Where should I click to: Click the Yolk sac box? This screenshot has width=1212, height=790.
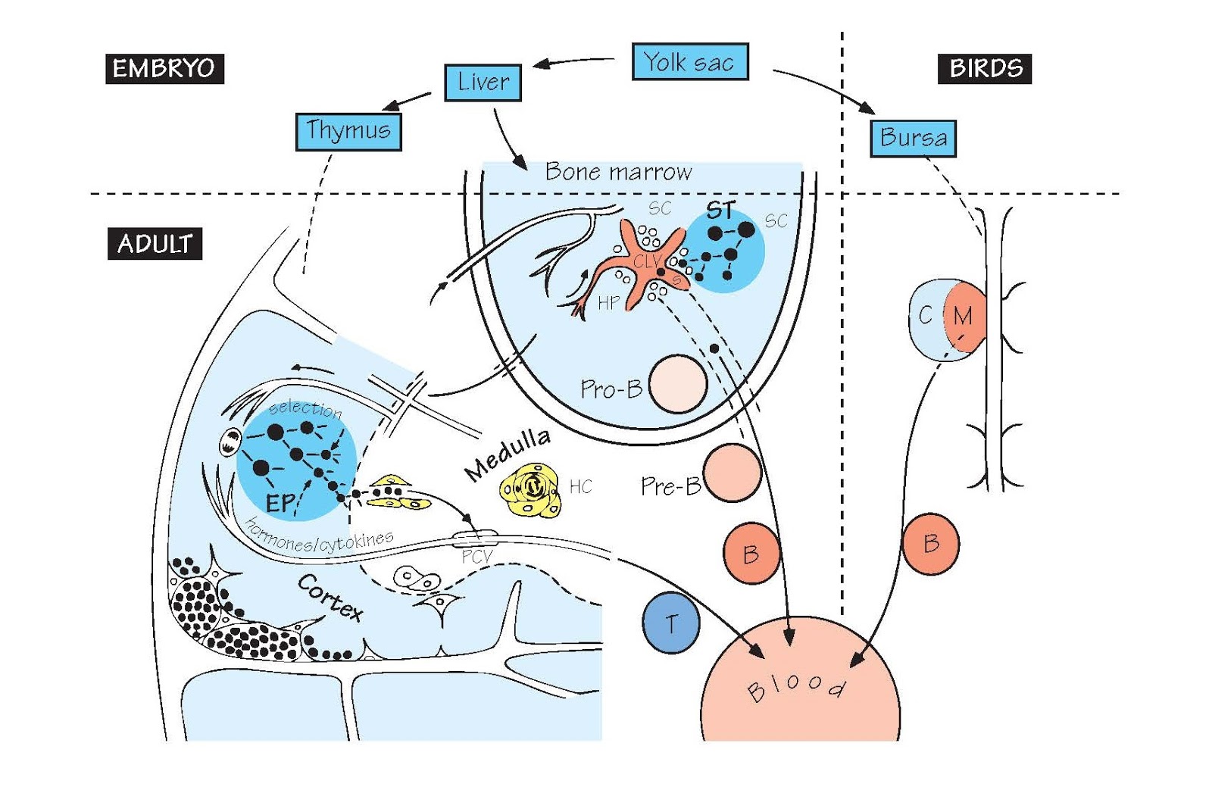[x=690, y=62]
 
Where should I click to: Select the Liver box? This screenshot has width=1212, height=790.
[x=483, y=83]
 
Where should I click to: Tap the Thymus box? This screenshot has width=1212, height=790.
[x=348, y=132]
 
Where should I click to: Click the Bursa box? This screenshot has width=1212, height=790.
[x=913, y=139]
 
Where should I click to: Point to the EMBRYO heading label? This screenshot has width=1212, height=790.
[x=164, y=69]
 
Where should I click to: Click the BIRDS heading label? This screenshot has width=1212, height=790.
[x=985, y=69]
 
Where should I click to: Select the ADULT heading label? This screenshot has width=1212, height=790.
[x=155, y=244]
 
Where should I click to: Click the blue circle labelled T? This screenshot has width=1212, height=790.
[x=670, y=623]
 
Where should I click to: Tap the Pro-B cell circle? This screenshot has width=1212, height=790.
[x=678, y=384]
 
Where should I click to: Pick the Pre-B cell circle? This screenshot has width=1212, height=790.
[x=732, y=473]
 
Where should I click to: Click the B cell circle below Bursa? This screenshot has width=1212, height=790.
[x=931, y=544]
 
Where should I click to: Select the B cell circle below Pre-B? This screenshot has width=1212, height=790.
[x=751, y=554]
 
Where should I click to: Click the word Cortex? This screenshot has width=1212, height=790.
[x=330, y=598]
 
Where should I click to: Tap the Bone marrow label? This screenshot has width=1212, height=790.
[x=618, y=173]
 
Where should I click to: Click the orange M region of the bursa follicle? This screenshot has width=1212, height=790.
[x=964, y=317]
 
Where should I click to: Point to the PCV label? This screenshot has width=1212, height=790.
[x=477, y=557]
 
